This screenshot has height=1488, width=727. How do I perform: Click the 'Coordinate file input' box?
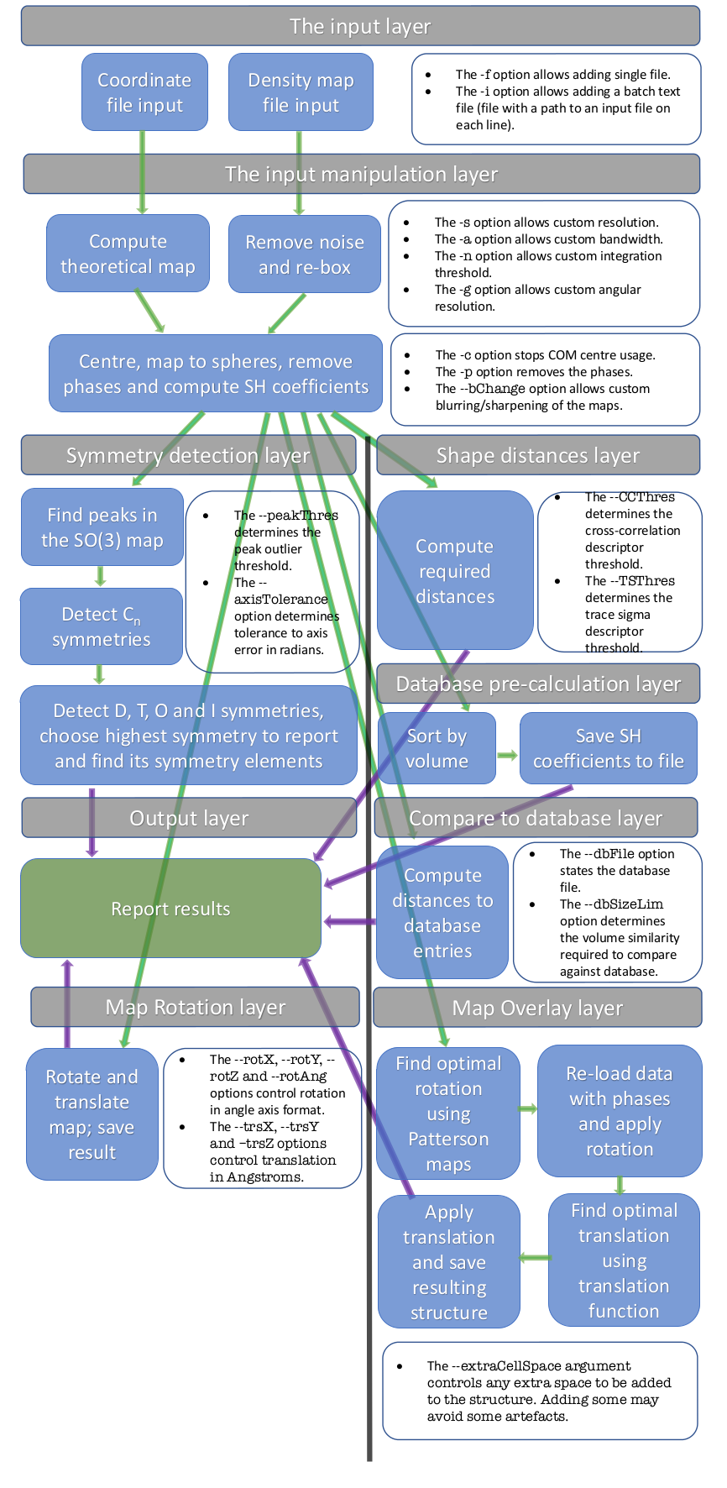pyautogui.click(x=144, y=92)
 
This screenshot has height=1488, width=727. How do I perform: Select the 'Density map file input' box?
pyautogui.click(x=301, y=92)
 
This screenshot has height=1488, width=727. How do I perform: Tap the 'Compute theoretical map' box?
pyautogui.click(x=128, y=254)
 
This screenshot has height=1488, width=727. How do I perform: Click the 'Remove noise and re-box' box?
pyautogui.click(x=304, y=254)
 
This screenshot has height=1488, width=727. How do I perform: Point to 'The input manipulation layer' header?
pyautogui.click(x=361, y=174)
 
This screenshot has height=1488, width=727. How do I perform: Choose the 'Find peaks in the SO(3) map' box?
pyautogui.click(x=102, y=527)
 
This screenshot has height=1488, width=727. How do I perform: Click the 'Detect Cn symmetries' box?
pyautogui.click(x=101, y=626)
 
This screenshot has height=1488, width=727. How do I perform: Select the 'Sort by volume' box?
pyautogui.click(x=437, y=748)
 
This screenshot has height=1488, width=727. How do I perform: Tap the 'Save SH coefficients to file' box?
pyautogui.click(x=608, y=748)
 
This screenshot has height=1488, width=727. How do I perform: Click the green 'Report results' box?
pyautogui.click(x=170, y=909)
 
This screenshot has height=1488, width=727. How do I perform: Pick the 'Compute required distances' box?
pyautogui.click(x=454, y=571)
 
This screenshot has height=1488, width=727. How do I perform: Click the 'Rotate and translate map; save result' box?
pyautogui.click(x=92, y=1114)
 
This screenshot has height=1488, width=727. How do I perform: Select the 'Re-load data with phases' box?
pyautogui.click(x=620, y=1111)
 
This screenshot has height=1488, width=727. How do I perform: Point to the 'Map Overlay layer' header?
pyautogui.click(x=537, y=1008)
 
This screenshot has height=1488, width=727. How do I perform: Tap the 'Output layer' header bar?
pyautogui.click(x=189, y=818)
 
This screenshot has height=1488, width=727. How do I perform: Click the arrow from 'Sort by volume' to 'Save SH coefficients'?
pyautogui.click(x=508, y=755)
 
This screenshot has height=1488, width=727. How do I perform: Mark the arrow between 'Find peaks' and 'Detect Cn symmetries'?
pyautogui.click(x=101, y=576)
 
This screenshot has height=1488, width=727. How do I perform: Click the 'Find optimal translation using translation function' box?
pyautogui.click(x=624, y=1260)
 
